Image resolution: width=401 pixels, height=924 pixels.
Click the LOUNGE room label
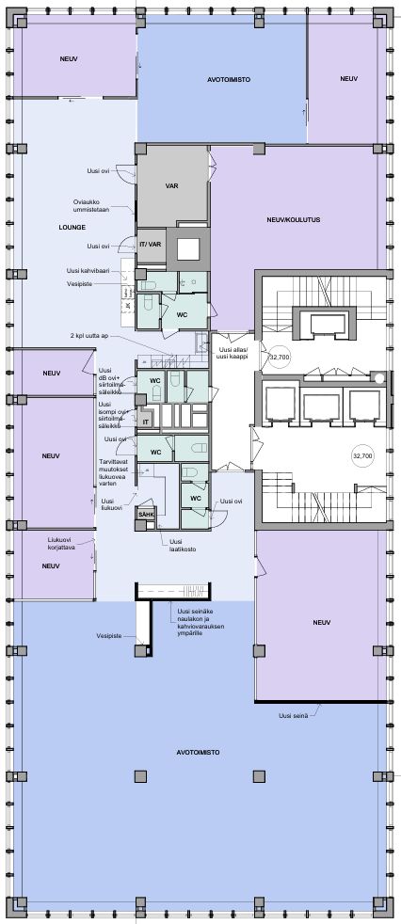click(72, 227)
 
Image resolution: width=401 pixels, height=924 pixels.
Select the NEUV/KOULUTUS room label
click(293, 219)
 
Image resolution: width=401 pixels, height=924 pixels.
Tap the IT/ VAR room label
click(151, 245)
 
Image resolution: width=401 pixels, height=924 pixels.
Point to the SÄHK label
click(145, 515)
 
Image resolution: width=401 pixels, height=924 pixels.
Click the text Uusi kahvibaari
click(87, 271)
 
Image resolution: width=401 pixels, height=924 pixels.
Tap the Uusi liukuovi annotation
click(111, 503)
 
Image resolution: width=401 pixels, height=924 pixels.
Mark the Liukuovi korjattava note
click(61, 543)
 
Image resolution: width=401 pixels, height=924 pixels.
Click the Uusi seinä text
click(293, 715)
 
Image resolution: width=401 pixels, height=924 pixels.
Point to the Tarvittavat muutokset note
click(116, 472)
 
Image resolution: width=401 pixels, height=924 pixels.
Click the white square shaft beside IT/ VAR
click(188, 249)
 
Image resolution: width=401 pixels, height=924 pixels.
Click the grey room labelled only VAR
click(172, 185)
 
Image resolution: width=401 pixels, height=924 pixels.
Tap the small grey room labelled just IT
click(144, 421)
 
